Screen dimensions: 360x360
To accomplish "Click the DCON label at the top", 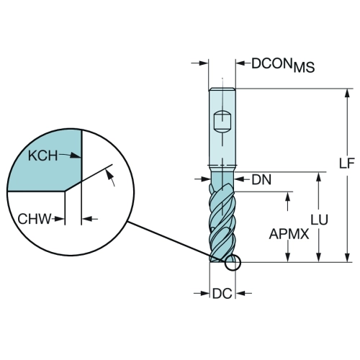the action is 272,63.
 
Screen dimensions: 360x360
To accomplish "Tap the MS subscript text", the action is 304,68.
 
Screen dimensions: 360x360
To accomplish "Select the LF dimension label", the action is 346,163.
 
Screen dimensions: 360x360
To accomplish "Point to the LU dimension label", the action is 319,220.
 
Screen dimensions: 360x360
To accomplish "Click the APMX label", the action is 289,234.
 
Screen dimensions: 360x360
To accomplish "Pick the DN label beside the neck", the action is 261,179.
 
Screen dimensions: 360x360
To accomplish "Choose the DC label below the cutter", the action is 222,293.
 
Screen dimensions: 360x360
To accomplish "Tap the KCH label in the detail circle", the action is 43,156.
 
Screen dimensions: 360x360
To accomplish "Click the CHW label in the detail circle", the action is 35,219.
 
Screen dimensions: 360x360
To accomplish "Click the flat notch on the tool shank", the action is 222,122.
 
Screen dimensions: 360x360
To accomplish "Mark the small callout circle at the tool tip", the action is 233,263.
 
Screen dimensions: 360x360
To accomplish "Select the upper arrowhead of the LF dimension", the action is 347,93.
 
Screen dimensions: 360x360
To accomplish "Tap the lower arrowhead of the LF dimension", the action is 347,258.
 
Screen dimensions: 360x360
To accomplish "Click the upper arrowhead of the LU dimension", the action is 319,176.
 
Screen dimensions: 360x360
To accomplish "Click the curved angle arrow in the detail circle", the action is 111,176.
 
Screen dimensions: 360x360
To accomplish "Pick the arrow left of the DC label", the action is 202,293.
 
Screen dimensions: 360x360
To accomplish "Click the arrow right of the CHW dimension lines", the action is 90,219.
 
